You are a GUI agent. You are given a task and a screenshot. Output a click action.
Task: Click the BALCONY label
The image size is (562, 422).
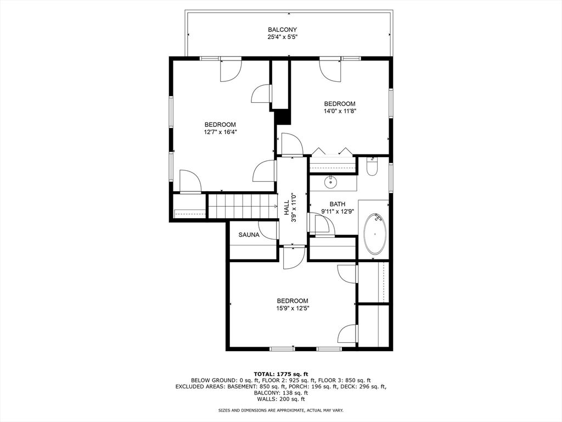[282, 30]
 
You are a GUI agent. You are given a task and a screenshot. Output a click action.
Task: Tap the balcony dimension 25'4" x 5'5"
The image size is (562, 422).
[282, 37]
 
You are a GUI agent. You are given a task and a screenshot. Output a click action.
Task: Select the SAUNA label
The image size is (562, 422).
[249, 235]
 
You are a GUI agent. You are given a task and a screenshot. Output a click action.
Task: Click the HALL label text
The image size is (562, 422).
[286, 208]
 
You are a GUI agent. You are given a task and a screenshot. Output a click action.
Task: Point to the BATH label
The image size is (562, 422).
[337, 204]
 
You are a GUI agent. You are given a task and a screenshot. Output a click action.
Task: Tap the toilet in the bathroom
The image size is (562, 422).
[372, 167]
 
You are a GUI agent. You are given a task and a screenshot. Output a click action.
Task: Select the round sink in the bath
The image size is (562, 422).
[331, 182]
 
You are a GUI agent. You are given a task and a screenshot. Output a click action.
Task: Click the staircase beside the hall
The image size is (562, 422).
[241, 206]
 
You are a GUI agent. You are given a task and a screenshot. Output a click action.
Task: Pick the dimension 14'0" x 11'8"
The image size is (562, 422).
[339, 111]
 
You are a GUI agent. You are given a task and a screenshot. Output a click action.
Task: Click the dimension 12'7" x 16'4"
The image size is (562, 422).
[220, 132]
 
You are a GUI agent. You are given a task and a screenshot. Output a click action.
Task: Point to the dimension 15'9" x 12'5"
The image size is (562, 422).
[292, 308]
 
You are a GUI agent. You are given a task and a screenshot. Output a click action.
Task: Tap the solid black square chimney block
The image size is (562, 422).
[282, 117]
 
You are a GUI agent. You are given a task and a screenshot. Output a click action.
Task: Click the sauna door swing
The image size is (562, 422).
[268, 231]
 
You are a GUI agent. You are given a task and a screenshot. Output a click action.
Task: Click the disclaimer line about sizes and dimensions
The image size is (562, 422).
[280, 410]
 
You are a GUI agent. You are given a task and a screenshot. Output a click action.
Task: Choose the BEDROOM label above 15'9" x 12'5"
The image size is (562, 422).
[292, 301]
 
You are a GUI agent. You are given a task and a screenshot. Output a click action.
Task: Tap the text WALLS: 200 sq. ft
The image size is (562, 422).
[280, 399]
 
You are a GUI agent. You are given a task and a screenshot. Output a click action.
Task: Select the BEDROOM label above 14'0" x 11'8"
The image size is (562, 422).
[339, 104]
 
